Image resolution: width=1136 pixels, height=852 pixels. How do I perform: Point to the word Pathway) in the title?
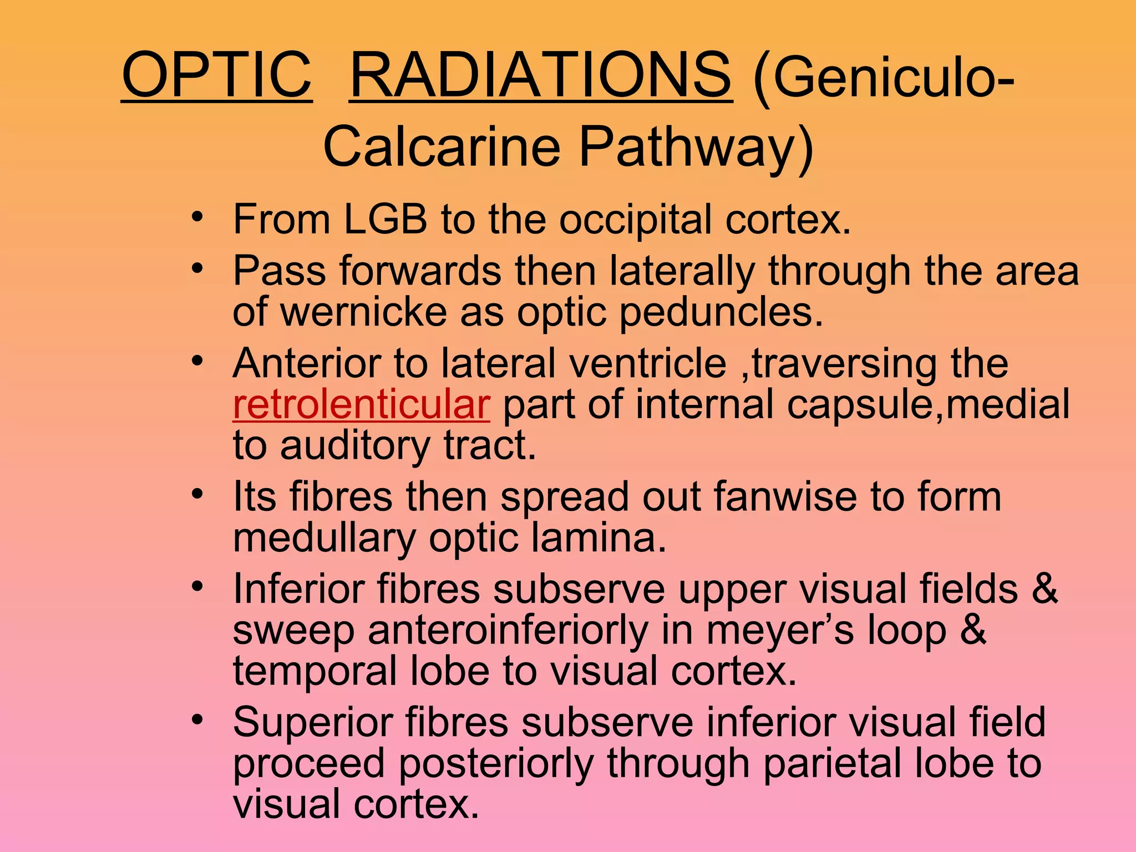696,147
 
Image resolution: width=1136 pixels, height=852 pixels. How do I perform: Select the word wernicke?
363,312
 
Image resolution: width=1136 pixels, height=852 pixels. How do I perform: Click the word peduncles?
721,313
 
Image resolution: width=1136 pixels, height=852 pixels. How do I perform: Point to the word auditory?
355,446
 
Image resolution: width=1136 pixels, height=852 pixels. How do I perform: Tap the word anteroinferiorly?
508,631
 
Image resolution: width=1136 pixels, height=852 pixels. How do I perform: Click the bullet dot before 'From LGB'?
197,217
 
